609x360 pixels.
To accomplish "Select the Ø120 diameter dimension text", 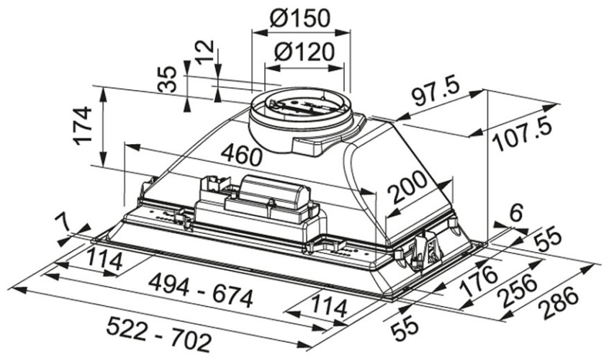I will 304,52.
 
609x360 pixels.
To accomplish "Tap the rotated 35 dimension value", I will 167,80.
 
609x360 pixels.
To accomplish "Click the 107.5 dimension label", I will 521,135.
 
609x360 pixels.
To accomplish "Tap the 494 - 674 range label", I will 200,292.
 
